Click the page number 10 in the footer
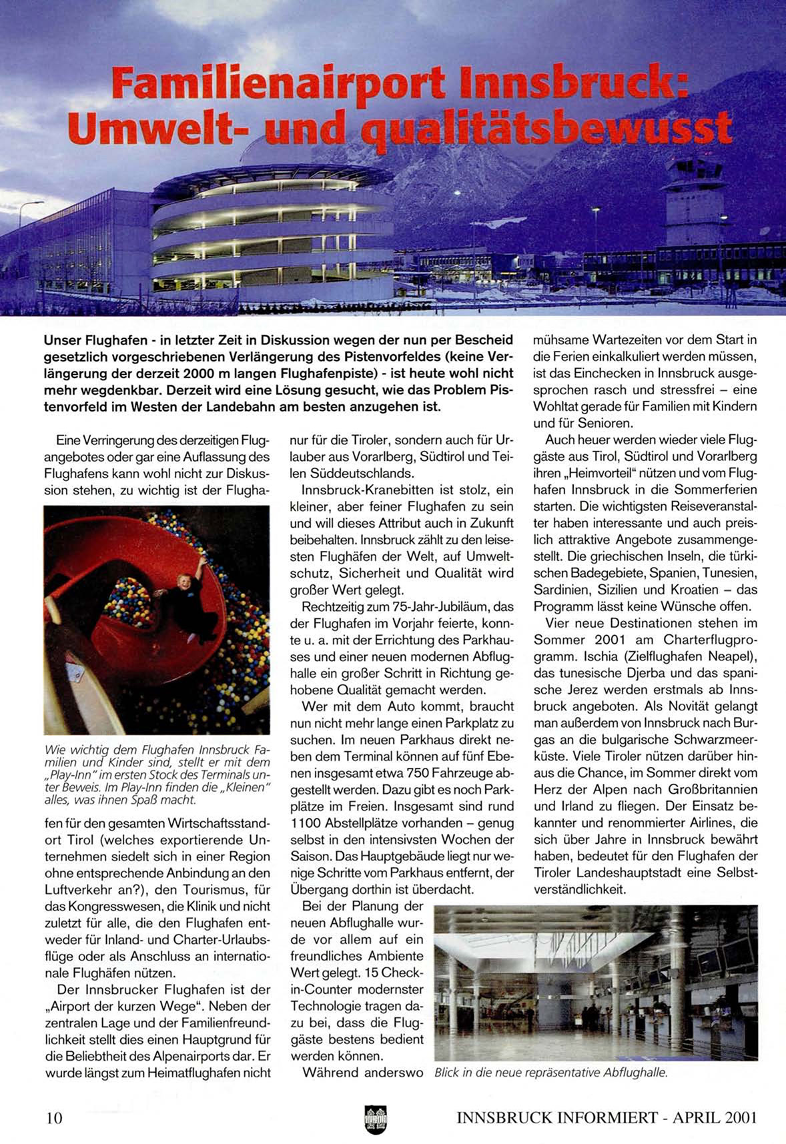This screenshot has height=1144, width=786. pyautogui.click(x=53, y=1117)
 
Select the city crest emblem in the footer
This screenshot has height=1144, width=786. pyautogui.click(x=376, y=1119)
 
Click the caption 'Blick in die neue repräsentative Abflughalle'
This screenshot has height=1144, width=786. pyautogui.click(x=551, y=1073)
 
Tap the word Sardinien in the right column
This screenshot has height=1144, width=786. pyautogui.click(x=559, y=590)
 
